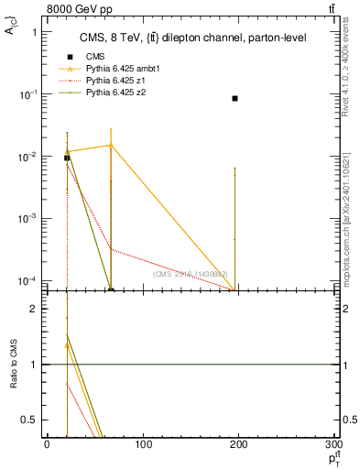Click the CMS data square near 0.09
(235, 98)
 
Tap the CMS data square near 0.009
(67, 158)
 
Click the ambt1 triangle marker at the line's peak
(111, 145)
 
